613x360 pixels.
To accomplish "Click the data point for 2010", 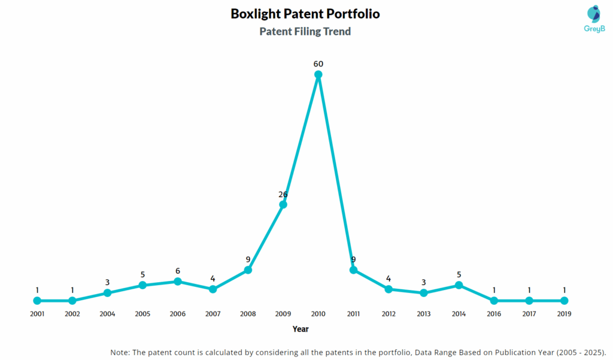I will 318,74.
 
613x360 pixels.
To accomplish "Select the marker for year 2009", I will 283,205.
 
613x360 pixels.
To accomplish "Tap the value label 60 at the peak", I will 318,63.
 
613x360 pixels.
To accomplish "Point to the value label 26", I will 283,194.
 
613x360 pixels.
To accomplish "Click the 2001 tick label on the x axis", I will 37,313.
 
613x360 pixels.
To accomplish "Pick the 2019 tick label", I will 564,313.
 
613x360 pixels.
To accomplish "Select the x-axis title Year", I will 301,329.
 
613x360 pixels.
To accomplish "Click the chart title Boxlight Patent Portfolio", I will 305,14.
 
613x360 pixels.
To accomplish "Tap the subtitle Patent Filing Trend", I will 305,32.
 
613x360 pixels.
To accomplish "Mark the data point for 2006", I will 178,282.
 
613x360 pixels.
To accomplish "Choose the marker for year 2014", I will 459,285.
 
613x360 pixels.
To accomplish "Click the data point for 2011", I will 353,270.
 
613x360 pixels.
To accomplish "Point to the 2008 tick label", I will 248,313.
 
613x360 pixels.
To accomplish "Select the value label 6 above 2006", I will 178,271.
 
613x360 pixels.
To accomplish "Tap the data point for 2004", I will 108,293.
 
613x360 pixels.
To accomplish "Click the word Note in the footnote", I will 120,352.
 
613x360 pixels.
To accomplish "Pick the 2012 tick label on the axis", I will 389,313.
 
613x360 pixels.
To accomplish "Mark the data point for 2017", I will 529,301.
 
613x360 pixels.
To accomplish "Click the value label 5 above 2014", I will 459,275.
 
